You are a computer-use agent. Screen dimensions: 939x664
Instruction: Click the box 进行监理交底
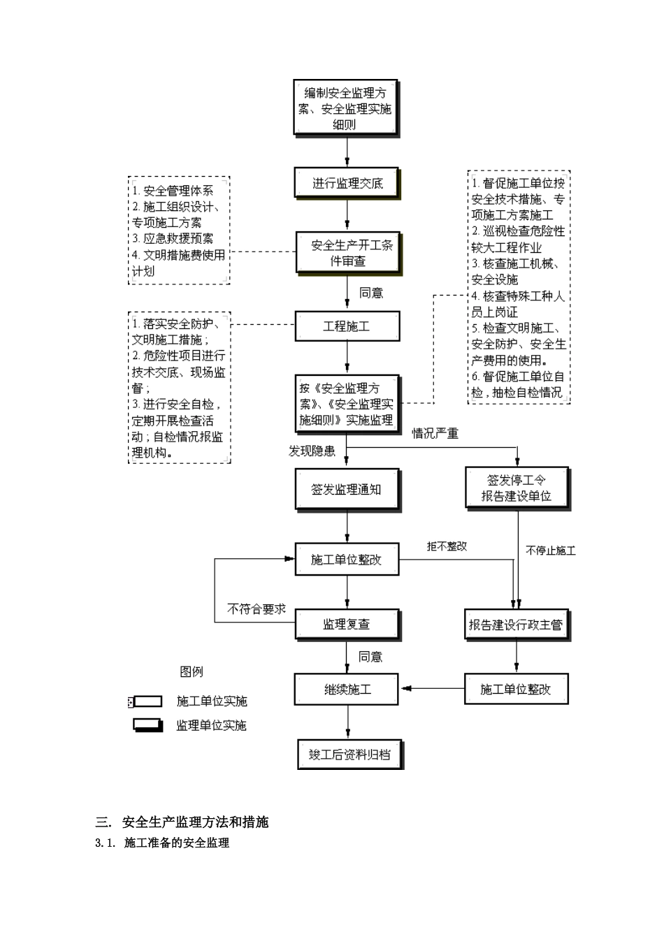(347, 184)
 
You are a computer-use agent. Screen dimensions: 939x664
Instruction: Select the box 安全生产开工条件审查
(347, 252)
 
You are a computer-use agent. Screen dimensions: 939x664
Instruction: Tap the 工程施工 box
(347, 326)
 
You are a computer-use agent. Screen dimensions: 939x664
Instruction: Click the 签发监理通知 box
(347, 490)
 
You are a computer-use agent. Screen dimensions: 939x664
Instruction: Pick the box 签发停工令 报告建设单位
(517, 488)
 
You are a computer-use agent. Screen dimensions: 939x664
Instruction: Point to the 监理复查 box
(347, 624)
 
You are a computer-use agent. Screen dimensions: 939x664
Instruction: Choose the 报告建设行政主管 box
(516, 624)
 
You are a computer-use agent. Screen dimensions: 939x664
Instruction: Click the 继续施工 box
(347, 690)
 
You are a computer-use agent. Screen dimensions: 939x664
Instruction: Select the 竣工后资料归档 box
(350, 755)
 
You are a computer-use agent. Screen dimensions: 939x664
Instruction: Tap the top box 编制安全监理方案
(346, 108)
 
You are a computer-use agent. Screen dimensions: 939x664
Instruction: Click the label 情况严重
(435, 434)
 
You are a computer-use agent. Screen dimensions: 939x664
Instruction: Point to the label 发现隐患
(312, 451)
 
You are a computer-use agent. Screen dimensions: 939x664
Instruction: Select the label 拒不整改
(447, 546)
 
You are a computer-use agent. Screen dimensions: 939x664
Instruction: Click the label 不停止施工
(551, 551)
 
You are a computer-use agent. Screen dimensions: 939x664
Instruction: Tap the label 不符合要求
(257, 609)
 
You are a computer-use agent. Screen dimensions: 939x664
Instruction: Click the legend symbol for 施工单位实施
(147, 701)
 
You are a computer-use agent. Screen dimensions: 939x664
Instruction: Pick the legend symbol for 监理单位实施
(147, 725)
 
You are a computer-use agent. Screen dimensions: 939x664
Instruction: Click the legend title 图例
(192, 672)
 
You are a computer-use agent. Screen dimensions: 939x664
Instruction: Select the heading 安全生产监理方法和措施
(195, 822)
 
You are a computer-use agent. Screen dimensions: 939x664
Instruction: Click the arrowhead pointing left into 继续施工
(405, 689)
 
